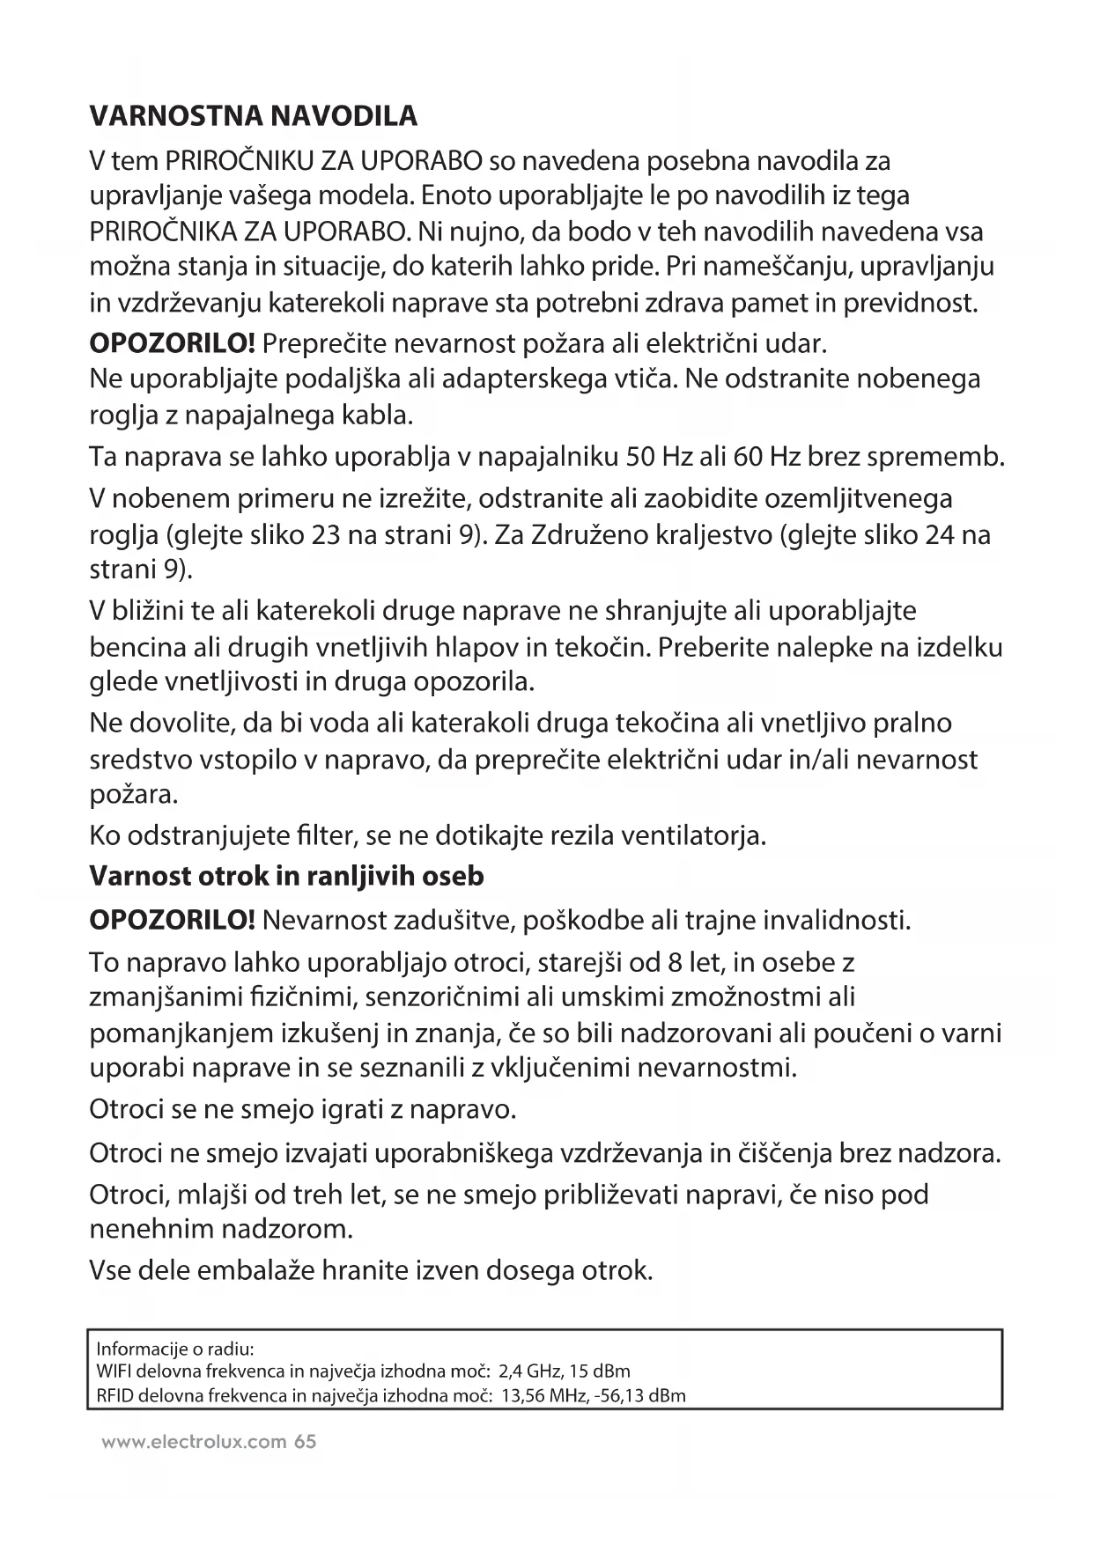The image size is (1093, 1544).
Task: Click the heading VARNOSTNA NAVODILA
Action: click(x=254, y=116)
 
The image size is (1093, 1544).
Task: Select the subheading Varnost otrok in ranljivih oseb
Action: click(x=286, y=877)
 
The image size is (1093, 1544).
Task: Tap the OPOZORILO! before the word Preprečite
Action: click(x=173, y=342)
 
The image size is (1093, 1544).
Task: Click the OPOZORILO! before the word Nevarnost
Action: click(x=173, y=921)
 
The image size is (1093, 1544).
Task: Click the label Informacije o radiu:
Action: click(x=175, y=1349)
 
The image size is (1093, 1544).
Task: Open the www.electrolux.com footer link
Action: click(x=194, y=1442)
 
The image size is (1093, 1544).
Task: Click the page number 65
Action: click(x=306, y=1442)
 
